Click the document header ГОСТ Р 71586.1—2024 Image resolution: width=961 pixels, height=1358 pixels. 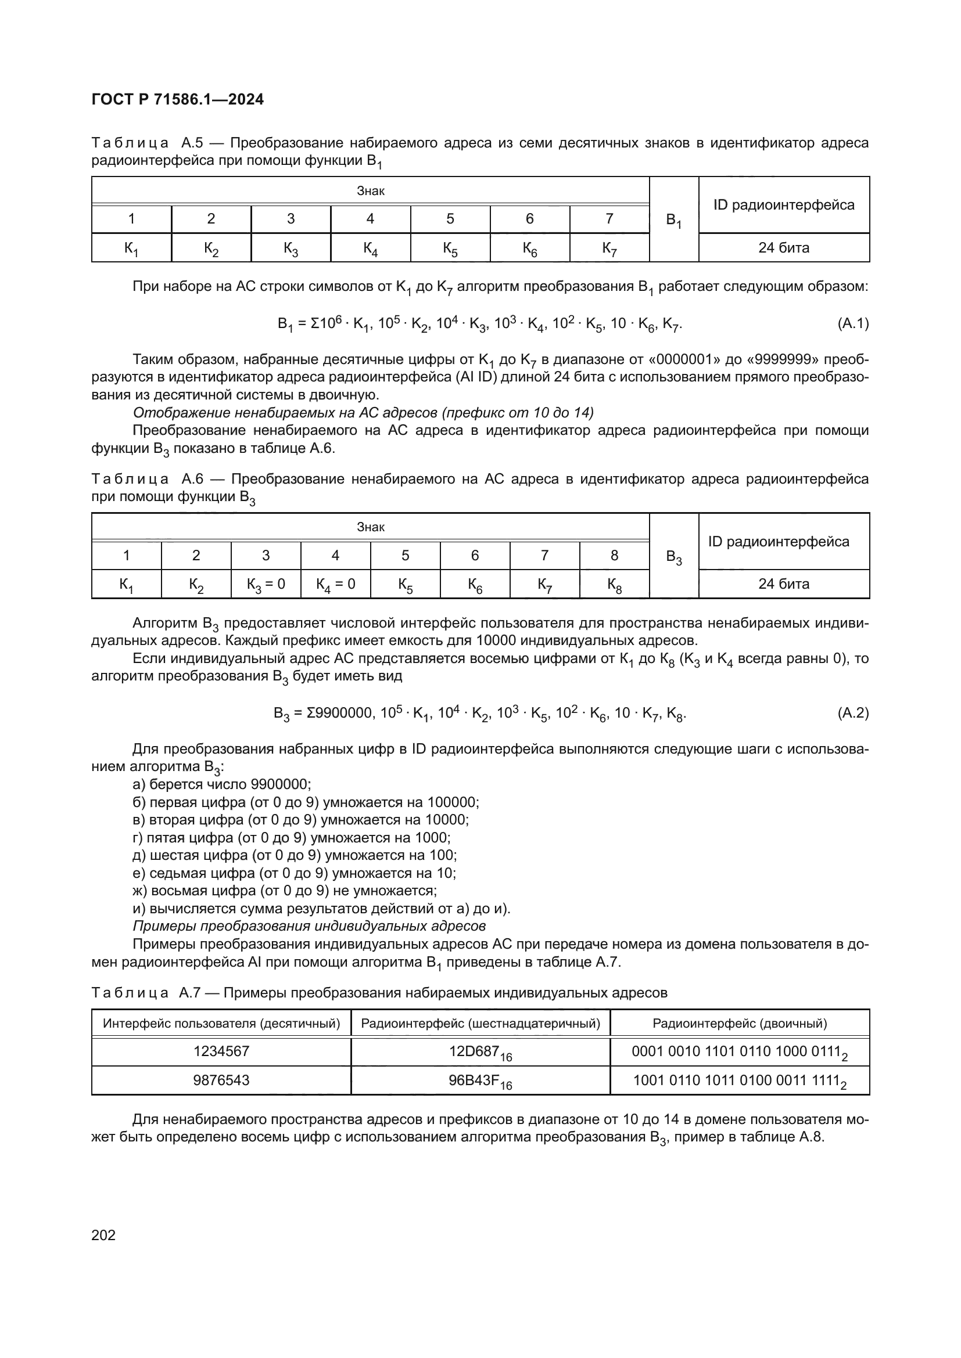click(x=178, y=99)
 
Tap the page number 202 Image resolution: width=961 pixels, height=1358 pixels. click(x=103, y=1234)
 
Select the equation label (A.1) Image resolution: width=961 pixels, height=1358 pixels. click(x=853, y=323)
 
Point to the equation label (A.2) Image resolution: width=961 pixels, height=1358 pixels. click(x=853, y=713)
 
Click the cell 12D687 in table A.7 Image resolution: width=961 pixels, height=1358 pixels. click(x=480, y=1051)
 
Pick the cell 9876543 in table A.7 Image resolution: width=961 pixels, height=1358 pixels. click(x=221, y=1080)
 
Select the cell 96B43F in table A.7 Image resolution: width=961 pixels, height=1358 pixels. click(x=480, y=1080)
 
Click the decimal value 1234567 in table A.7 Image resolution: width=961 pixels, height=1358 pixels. click(x=221, y=1051)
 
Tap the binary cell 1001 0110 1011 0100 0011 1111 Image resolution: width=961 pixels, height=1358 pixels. click(x=740, y=1080)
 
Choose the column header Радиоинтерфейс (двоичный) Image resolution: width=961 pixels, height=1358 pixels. click(x=740, y=1023)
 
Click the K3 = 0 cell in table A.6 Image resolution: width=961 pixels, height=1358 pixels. click(x=266, y=585)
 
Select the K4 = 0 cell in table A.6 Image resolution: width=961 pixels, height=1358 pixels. click(x=335, y=585)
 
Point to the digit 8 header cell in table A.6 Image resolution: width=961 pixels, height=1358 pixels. click(x=614, y=556)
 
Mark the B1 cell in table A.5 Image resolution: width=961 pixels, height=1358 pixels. click(x=673, y=220)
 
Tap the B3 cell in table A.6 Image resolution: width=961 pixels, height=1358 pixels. click(x=673, y=557)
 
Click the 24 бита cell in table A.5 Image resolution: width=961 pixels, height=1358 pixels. click(x=783, y=248)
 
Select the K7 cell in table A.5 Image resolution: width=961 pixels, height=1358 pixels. click(x=609, y=248)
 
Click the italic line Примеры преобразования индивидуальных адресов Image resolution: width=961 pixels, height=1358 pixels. click(x=309, y=925)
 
